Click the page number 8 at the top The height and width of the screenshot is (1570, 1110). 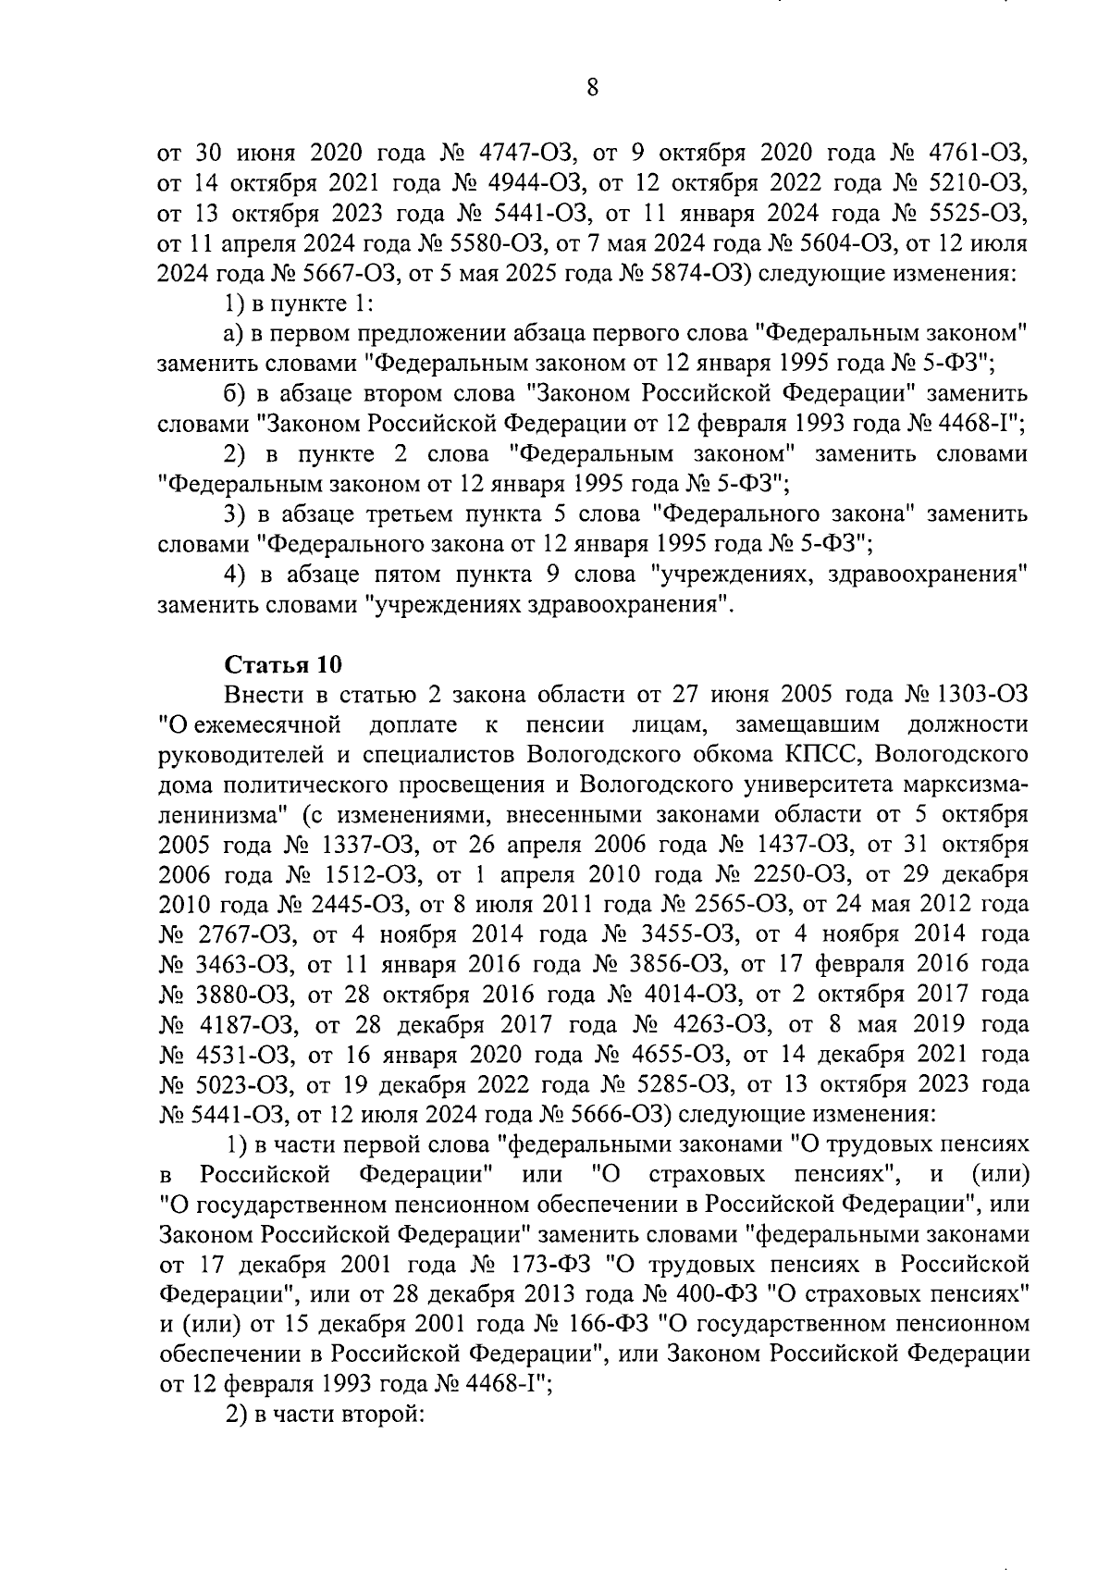(x=593, y=89)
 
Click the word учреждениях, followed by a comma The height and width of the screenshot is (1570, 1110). (x=721, y=575)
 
